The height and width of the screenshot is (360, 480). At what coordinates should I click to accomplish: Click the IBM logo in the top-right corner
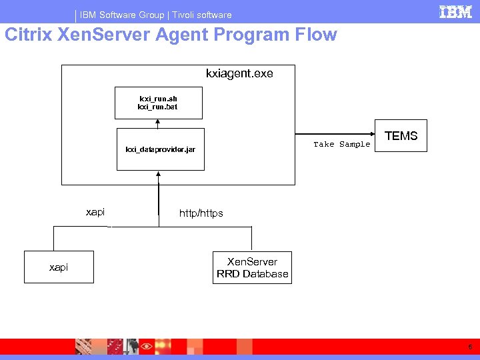(x=455, y=11)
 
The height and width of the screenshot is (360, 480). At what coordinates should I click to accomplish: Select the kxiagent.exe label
(x=239, y=73)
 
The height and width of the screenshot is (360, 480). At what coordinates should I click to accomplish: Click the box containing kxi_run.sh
(x=157, y=102)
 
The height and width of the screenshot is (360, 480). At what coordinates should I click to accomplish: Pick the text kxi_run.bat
(x=157, y=107)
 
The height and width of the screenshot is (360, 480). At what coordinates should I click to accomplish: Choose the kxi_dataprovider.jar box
(x=160, y=149)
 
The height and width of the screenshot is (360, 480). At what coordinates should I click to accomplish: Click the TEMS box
(x=401, y=137)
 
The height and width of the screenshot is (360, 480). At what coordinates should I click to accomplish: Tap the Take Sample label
(x=341, y=145)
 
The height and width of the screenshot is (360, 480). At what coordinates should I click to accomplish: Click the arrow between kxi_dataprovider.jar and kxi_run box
(x=157, y=123)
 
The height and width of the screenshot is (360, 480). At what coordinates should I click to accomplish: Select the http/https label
(x=201, y=213)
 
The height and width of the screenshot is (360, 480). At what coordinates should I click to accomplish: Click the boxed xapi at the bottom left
(x=59, y=267)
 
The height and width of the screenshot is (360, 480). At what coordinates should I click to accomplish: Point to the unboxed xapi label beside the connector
(x=95, y=212)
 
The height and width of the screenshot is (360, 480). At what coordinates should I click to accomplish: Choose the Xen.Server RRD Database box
(x=252, y=267)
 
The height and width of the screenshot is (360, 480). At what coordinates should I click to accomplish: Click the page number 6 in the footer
(x=470, y=347)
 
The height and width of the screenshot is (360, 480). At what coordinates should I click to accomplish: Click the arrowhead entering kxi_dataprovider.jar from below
(x=159, y=174)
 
